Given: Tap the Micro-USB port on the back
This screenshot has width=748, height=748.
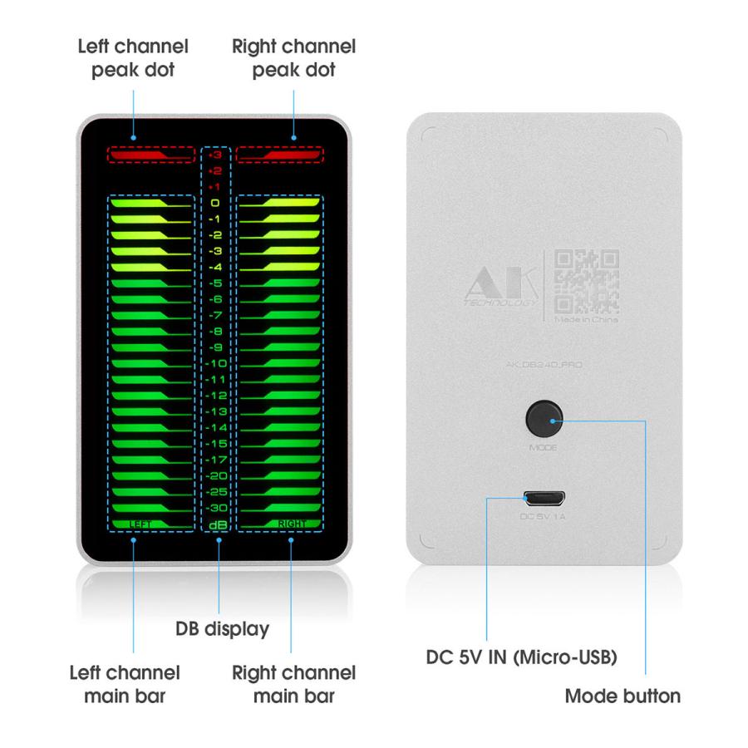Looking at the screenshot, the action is click(x=544, y=499).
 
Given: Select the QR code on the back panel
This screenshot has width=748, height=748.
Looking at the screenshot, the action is click(x=587, y=279).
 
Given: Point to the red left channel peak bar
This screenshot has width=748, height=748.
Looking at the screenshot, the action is click(x=150, y=155).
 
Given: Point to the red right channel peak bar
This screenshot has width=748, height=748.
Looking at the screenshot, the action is click(x=279, y=155).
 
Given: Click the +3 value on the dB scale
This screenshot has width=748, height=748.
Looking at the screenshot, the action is click(x=215, y=155).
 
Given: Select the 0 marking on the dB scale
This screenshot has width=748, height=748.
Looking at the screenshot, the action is click(x=215, y=203).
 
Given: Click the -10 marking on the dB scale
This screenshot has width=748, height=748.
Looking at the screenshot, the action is click(x=215, y=363).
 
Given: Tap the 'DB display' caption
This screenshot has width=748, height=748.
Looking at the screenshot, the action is click(x=221, y=629).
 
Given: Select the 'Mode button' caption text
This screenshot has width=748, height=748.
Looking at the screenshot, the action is click(x=623, y=696).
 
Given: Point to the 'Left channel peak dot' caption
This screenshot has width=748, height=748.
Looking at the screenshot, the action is click(x=133, y=58).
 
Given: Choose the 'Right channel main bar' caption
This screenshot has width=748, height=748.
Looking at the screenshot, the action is click(x=294, y=683).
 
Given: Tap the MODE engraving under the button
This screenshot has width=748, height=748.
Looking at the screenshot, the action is click(x=543, y=448).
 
